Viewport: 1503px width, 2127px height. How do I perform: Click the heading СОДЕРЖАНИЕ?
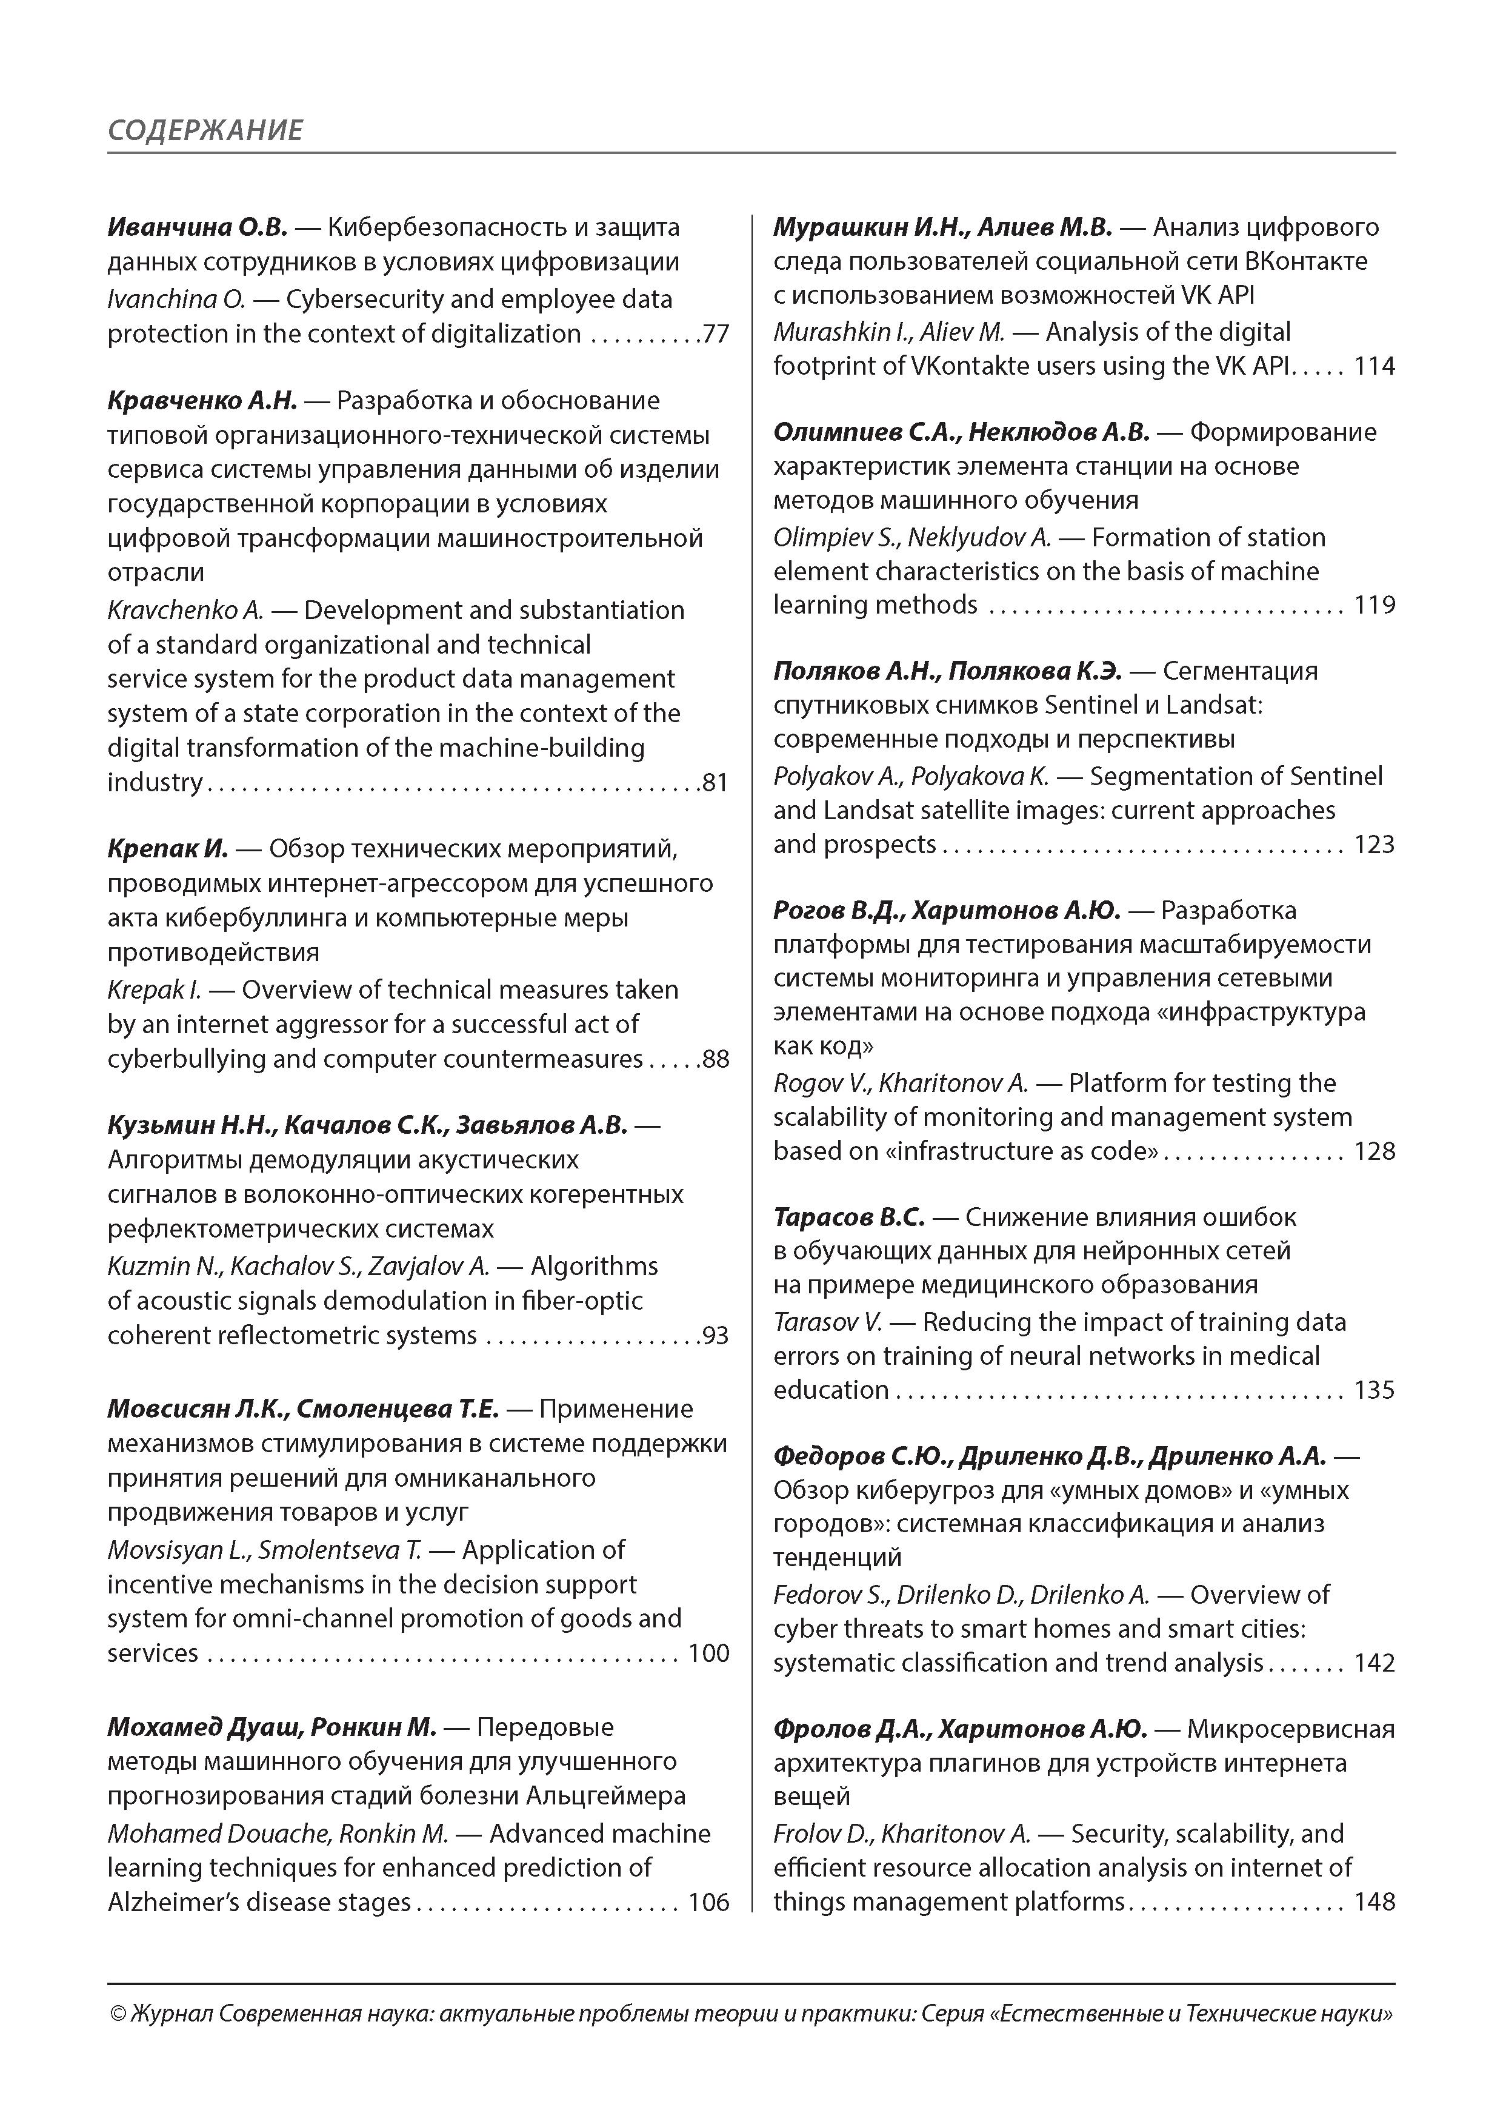[205, 130]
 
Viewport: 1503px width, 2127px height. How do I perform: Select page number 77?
[716, 333]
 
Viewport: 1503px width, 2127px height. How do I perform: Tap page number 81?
[716, 783]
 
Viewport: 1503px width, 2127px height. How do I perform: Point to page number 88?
[716, 1059]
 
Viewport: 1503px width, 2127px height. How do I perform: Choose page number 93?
[716, 1335]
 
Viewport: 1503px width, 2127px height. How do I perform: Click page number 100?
[708, 1653]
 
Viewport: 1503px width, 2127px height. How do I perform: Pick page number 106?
[708, 1902]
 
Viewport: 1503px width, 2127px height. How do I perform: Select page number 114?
[1375, 366]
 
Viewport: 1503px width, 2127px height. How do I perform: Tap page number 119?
[1375, 605]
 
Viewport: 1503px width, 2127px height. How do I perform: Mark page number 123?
[1375, 844]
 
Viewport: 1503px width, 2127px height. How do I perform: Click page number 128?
[1375, 1151]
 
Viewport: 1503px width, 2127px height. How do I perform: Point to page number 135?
[1375, 1390]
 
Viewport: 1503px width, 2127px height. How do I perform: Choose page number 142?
[1375, 1663]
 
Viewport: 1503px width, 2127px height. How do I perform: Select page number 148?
[1375, 1902]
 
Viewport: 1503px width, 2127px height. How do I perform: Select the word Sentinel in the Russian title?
[1091, 705]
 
